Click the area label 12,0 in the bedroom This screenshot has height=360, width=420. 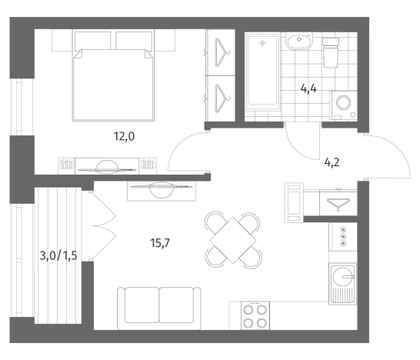(124, 137)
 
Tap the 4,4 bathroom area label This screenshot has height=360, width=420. (308, 88)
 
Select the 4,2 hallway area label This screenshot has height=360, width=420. (332, 162)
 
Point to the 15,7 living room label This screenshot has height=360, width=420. (160, 243)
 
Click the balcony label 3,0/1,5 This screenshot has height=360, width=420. (58, 255)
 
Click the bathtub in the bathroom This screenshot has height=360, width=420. (263, 72)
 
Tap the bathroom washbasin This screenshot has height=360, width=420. (299, 41)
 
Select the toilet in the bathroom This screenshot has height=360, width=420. (331, 52)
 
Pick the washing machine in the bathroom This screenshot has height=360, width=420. (343, 105)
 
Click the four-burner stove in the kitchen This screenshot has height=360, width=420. (255, 315)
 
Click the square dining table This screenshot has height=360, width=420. (233, 240)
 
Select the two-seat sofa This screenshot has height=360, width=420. (159, 308)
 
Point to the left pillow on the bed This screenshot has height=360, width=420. (92, 41)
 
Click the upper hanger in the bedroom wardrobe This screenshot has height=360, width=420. (222, 52)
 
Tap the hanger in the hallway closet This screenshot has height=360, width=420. (338, 204)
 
